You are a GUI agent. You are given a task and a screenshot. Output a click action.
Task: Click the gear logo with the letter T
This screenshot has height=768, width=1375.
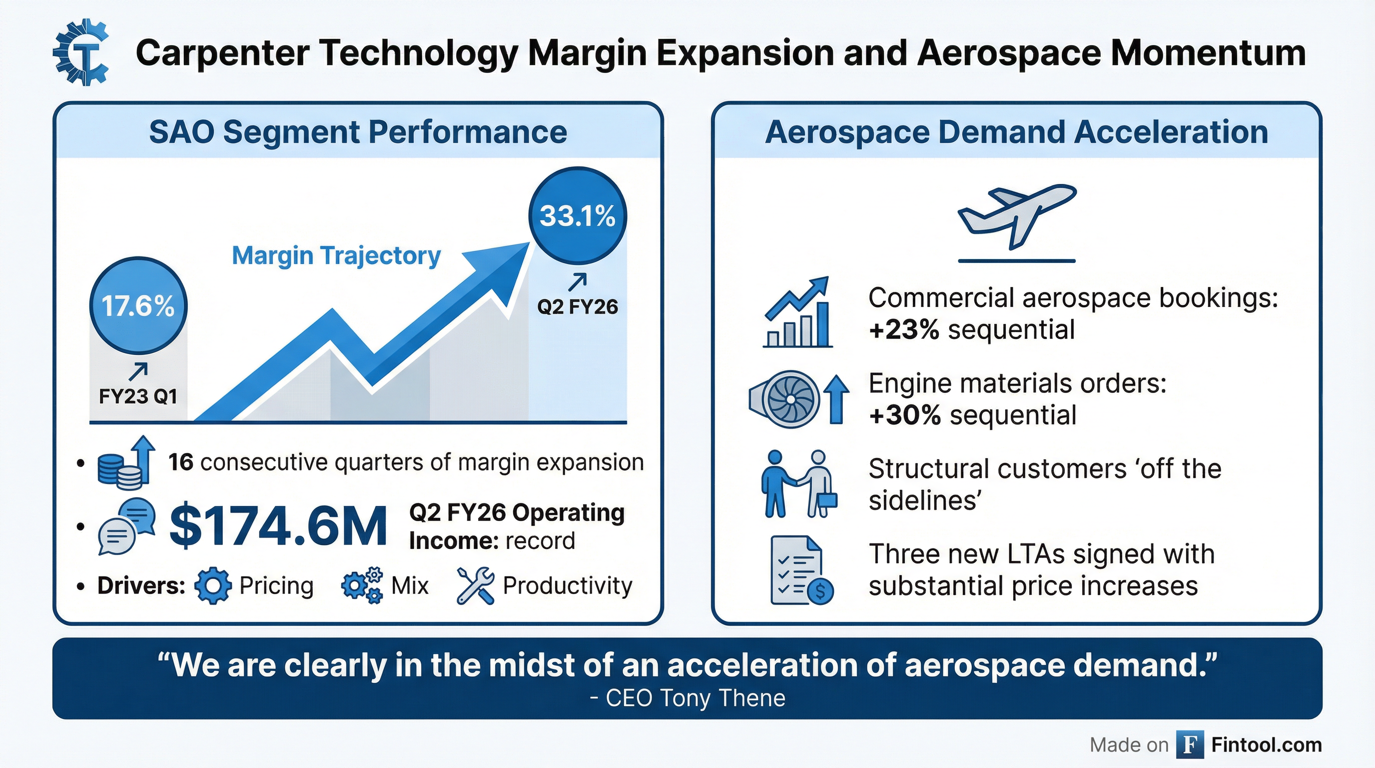(x=81, y=54)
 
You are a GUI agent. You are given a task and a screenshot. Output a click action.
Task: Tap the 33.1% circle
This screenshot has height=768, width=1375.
(x=578, y=216)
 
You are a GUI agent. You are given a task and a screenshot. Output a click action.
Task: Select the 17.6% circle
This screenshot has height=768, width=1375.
(x=138, y=306)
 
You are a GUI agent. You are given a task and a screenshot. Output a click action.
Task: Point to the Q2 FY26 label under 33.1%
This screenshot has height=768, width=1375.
(x=578, y=306)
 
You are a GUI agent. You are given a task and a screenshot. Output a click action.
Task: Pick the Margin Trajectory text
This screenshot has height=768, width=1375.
(x=336, y=255)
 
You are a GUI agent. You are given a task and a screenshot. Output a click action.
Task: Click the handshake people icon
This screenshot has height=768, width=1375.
(x=798, y=484)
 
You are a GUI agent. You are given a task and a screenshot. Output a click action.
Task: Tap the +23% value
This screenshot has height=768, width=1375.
(x=904, y=329)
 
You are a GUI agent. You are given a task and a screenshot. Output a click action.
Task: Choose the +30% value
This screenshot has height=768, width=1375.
(x=905, y=415)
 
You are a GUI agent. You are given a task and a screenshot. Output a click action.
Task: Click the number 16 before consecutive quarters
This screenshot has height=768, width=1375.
(x=180, y=462)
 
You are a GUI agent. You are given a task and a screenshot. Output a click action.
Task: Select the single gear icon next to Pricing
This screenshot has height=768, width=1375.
(x=213, y=585)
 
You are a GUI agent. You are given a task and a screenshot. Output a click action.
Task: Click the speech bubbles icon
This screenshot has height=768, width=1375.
(x=126, y=526)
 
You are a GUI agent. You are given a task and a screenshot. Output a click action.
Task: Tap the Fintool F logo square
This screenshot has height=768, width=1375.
(x=1190, y=744)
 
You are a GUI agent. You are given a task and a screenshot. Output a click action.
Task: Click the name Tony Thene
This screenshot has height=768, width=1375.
(x=722, y=698)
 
